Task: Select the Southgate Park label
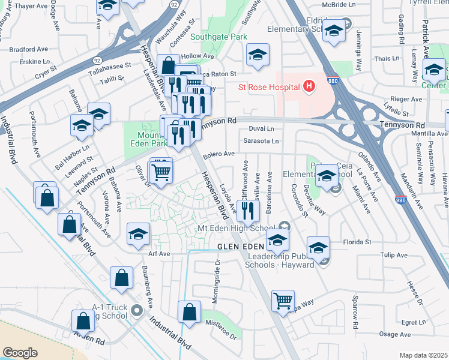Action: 218,37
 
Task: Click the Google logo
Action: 20,352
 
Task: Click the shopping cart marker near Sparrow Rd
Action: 283,301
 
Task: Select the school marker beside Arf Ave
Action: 139,234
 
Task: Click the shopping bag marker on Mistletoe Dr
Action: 190,313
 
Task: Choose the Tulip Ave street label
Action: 394,255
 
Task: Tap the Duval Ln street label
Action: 261,128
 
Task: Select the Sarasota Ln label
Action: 261,142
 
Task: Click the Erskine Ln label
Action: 34,61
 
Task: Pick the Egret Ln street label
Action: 414,322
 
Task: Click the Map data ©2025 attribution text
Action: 423,355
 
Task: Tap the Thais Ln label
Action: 382,59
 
